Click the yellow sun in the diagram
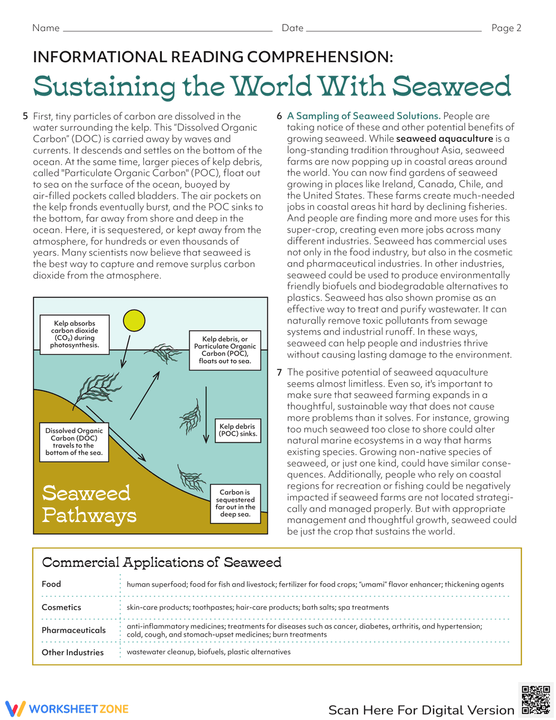pyautogui.click(x=134, y=320)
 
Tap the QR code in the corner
pyautogui.click(x=535, y=699)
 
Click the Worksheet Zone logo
pyautogui.click(x=67, y=709)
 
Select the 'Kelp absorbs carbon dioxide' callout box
pyautogui.click(x=75, y=334)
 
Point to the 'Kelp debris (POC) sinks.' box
pyautogui.click(x=237, y=430)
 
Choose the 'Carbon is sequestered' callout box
pyautogui.click(x=235, y=503)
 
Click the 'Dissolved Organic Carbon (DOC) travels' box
pyautogui.click(x=74, y=442)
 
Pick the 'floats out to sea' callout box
pyautogui.click(x=225, y=349)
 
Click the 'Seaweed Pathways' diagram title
pyautogui.click(x=88, y=504)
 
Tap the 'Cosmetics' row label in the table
pyautogui.click(x=61, y=607)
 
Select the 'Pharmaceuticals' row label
pyautogui.click(x=73, y=630)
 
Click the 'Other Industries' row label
pyautogui.click(x=72, y=652)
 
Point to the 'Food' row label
pyautogui.click(x=51, y=584)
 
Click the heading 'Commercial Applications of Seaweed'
pyautogui.click(x=162, y=562)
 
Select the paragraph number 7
pyautogui.click(x=280, y=372)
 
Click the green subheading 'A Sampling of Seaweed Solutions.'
pyautogui.click(x=364, y=116)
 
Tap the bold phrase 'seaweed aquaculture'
pyautogui.click(x=445, y=139)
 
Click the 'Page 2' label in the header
pyautogui.click(x=506, y=28)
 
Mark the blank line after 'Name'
pyautogui.click(x=167, y=30)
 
